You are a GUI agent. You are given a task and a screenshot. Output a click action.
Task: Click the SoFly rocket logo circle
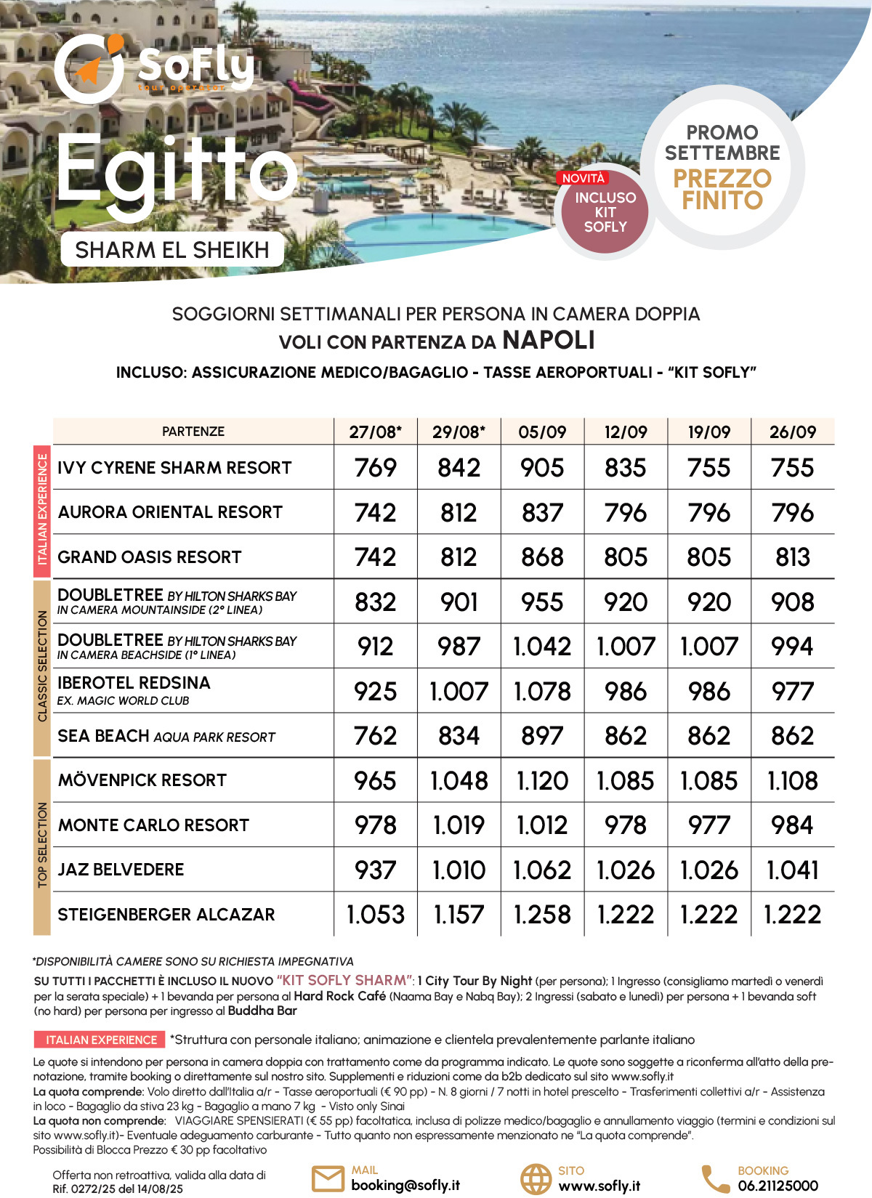coord(89,69)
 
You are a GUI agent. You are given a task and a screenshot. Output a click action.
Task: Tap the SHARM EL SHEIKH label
coord(172,250)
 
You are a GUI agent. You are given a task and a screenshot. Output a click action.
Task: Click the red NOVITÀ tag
coord(583,178)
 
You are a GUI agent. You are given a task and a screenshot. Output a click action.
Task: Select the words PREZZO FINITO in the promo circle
coord(722,190)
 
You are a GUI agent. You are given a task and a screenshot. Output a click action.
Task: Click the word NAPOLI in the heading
coord(549,340)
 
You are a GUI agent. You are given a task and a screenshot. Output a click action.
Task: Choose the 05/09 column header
coord(542,432)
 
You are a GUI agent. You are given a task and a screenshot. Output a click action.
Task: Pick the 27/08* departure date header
coord(376,432)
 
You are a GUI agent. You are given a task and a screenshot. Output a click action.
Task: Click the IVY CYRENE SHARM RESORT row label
coord(174,468)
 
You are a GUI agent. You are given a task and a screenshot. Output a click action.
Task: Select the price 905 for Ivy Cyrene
coord(542,468)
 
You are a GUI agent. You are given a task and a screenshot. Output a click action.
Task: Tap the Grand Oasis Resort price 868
coord(542,557)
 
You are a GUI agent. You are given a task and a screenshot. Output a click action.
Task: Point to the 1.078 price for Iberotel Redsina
coord(542,692)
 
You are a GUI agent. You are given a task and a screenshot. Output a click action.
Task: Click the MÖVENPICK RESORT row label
coord(142,780)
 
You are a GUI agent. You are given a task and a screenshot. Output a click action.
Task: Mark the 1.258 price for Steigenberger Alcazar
coord(542,915)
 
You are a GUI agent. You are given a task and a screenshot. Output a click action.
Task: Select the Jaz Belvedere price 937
coord(376,870)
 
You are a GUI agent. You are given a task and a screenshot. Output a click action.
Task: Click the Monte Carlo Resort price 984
coord(793,825)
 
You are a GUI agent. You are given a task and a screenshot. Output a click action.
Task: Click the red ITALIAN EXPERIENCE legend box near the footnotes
coord(101,1040)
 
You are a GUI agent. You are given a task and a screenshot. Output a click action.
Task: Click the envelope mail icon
coord(328,1179)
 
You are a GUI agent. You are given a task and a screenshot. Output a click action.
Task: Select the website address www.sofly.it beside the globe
coord(599,1186)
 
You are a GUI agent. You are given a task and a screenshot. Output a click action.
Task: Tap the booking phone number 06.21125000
coord(778,1186)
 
